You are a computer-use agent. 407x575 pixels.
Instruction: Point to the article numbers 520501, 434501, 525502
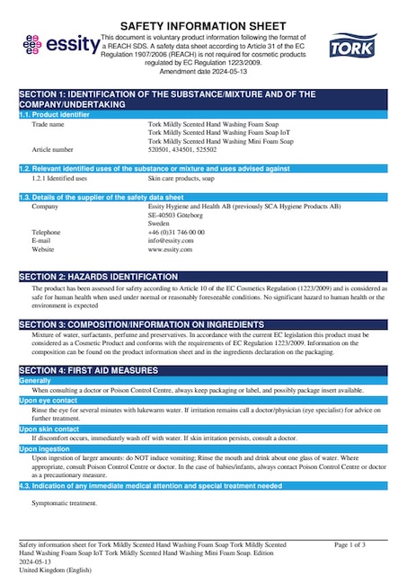click(181, 150)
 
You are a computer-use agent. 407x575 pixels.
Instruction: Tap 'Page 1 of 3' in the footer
click(349, 545)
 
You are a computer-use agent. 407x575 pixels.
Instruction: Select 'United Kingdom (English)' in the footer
click(55, 570)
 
